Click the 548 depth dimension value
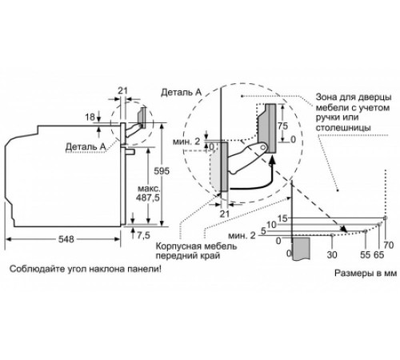[66, 239]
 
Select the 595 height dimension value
[162, 171]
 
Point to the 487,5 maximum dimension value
[147, 198]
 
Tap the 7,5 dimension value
[143, 235]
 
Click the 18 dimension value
[90, 117]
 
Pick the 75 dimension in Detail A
[282, 126]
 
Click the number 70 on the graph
[388, 245]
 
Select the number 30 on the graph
[332, 255]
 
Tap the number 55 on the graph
[366, 255]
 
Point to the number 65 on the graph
[378, 255]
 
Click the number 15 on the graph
[282, 218]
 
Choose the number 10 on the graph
[271, 225]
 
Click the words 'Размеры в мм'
[366, 274]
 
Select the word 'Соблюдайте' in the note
[36, 269]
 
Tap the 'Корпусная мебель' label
[196, 246]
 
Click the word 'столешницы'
[343, 128]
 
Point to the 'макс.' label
[149, 189]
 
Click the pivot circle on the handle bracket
[264, 146]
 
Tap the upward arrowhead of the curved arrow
[272, 160]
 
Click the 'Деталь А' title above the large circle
[181, 92]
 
